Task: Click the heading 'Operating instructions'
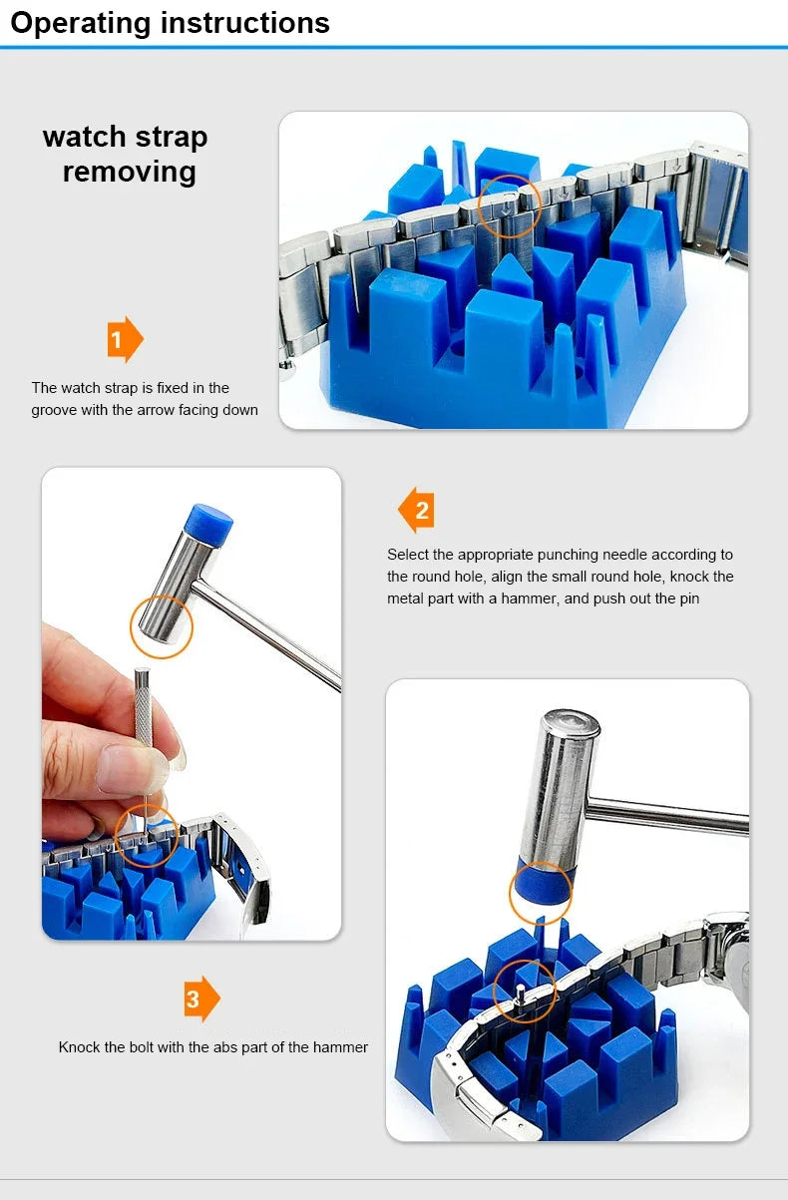pos(170,22)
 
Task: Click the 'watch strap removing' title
pos(126,154)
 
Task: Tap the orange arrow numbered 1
pos(125,340)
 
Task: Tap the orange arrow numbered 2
pos(416,511)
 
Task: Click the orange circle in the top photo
pos(509,206)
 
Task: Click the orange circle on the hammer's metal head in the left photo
pos(162,626)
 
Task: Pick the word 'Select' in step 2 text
pos(408,555)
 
